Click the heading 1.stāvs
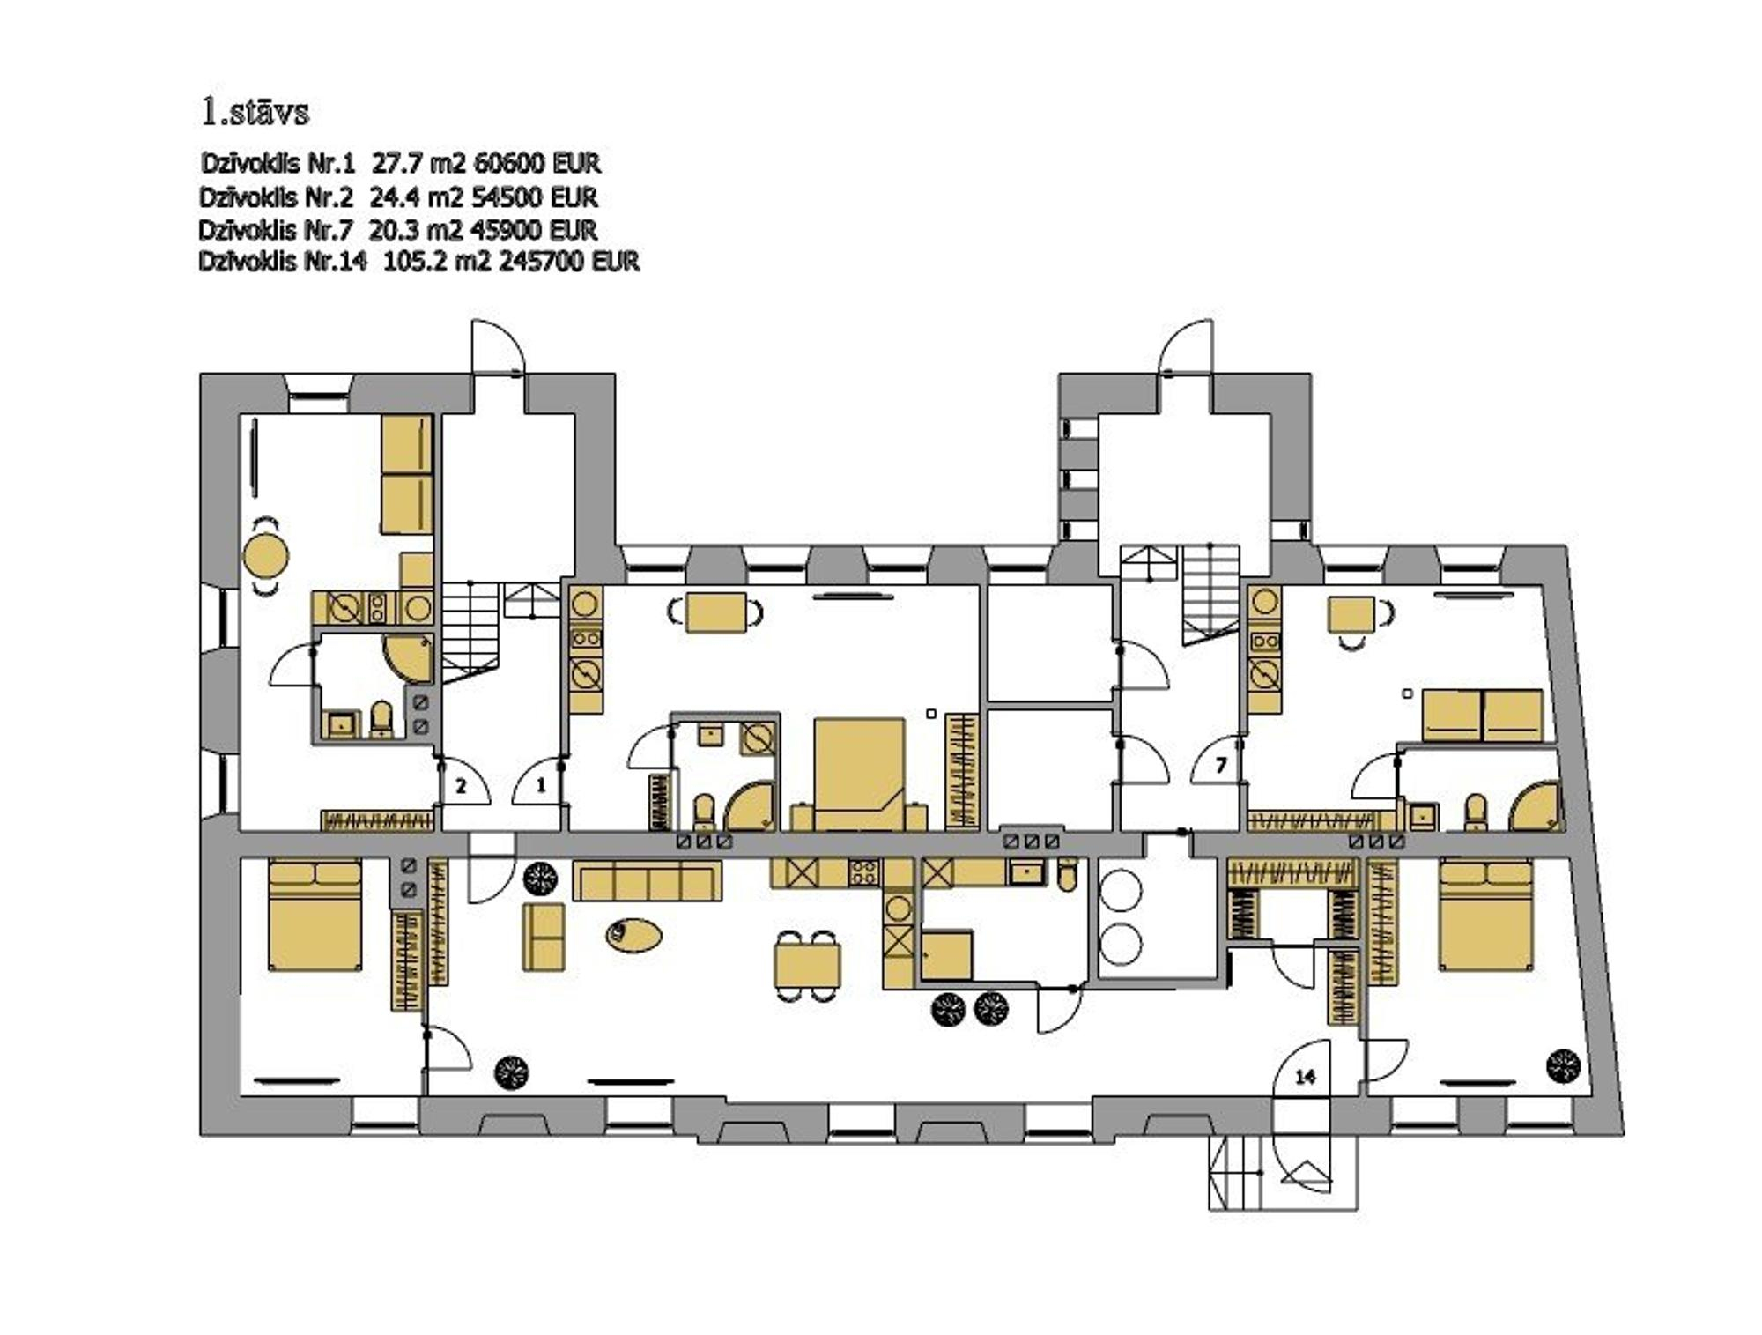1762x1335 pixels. tap(255, 112)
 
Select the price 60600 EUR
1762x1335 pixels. tap(537, 163)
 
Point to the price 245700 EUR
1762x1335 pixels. tap(569, 262)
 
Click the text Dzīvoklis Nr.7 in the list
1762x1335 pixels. tap(276, 230)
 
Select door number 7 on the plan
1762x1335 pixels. tap(1220, 766)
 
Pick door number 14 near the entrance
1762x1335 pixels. tap(1306, 1076)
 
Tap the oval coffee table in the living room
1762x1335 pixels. tap(633, 933)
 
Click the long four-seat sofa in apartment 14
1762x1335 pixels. tap(648, 880)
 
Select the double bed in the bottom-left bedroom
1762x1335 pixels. tap(315, 915)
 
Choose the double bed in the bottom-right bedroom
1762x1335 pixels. tap(1486, 915)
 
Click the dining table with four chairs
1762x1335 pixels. tap(807, 965)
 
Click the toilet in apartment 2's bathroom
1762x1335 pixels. tap(381, 717)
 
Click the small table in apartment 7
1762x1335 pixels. tap(1351, 614)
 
